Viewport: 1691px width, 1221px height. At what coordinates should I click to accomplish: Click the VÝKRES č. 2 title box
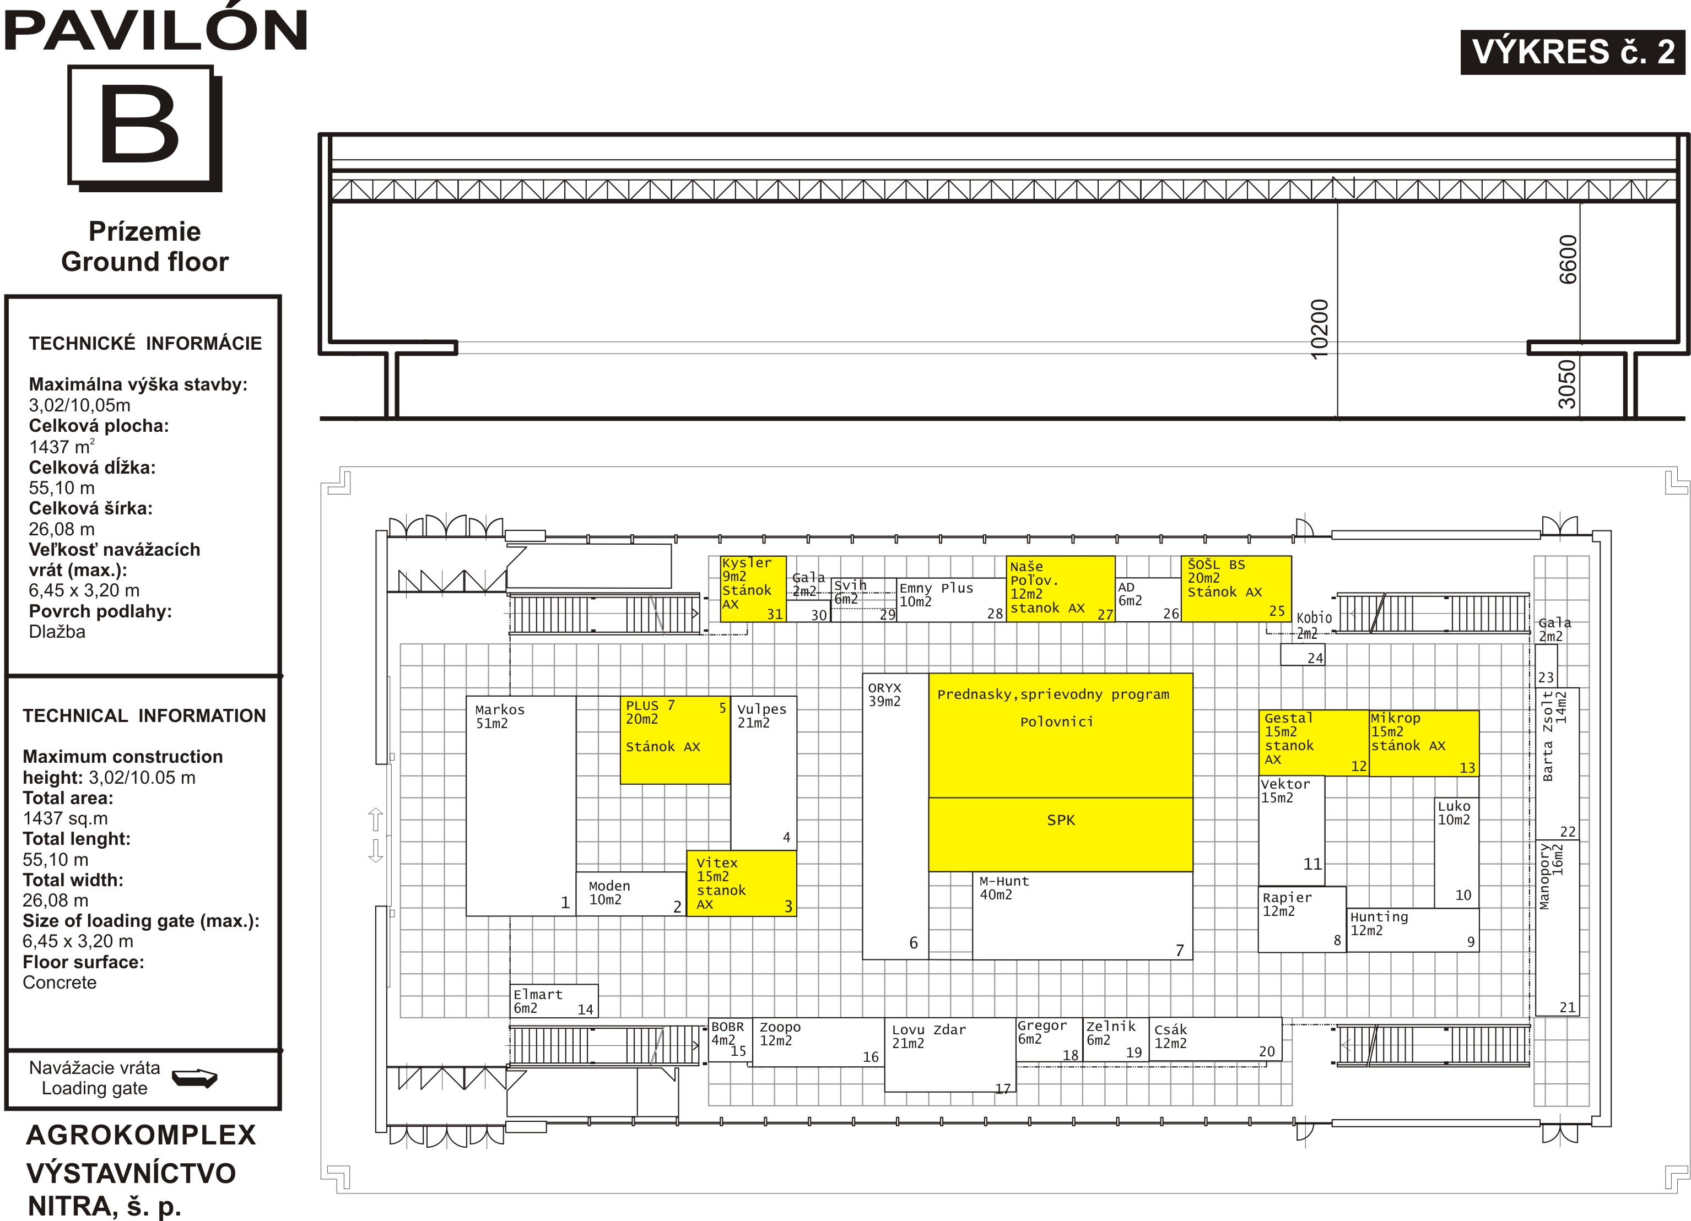(x=1573, y=52)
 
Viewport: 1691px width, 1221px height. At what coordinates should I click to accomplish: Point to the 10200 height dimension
(x=1320, y=329)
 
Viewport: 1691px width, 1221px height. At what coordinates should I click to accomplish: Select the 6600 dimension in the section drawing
(x=1569, y=259)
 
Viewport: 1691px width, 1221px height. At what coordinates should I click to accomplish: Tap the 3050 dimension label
(x=1568, y=384)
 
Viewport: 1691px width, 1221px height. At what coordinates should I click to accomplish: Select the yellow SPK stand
(x=1060, y=834)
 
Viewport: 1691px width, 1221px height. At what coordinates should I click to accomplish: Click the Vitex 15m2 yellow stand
(x=741, y=883)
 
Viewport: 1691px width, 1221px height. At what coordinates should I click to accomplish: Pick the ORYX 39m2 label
(x=884, y=694)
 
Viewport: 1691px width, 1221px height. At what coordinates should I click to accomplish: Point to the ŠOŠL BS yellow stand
(x=1236, y=589)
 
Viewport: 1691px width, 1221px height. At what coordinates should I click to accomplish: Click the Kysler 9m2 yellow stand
(x=753, y=589)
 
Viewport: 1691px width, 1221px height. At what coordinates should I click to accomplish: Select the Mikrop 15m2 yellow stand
(x=1424, y=743)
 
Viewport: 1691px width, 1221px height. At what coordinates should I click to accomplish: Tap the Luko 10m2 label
(x=1454, y=812)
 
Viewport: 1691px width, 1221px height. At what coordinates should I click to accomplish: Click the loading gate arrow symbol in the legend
(x=194, y=1078)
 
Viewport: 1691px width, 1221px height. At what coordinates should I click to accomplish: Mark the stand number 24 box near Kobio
(x=1303, y=654)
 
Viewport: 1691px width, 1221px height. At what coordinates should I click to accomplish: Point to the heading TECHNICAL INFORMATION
(x=144, y=715)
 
